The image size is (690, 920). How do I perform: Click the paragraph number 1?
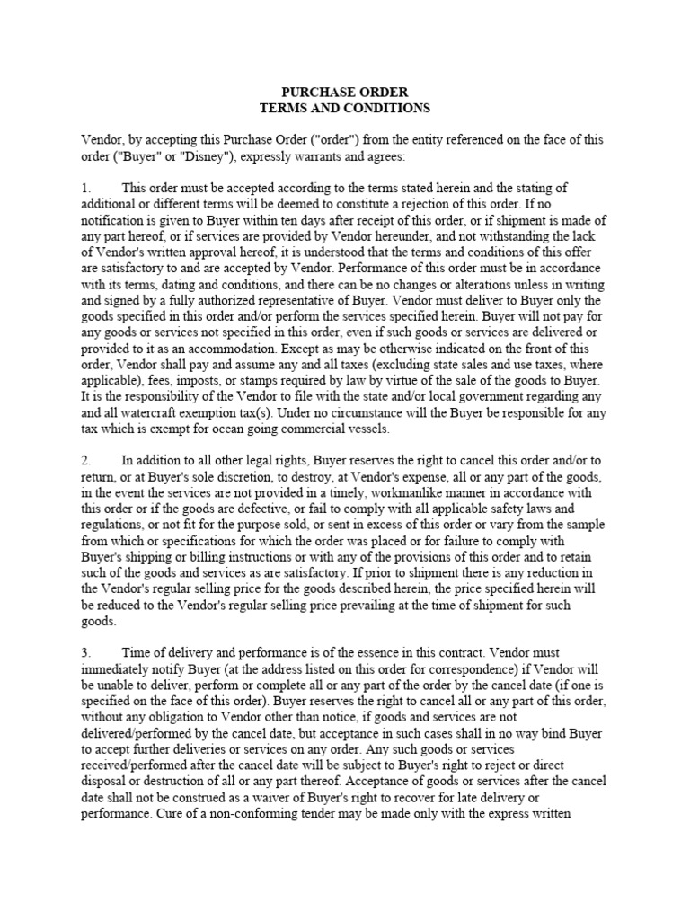click(x=85, y=188)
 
